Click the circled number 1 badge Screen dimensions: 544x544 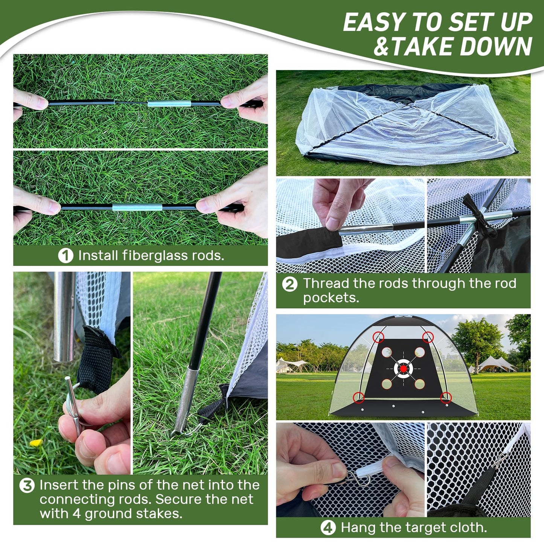tap(66, 256)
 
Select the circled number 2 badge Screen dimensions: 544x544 tap(290, 284)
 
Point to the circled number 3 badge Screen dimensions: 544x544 tap(27, 485)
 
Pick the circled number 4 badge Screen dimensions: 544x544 tap(328, 528)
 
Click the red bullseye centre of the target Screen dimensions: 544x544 tap(403, 369)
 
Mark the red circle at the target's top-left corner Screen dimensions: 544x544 tap(379, 337)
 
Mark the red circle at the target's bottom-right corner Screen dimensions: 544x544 tap(446, 397)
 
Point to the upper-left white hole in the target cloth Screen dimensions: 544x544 tap(387, 352)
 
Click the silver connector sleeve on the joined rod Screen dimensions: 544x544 tap(137, 207)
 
